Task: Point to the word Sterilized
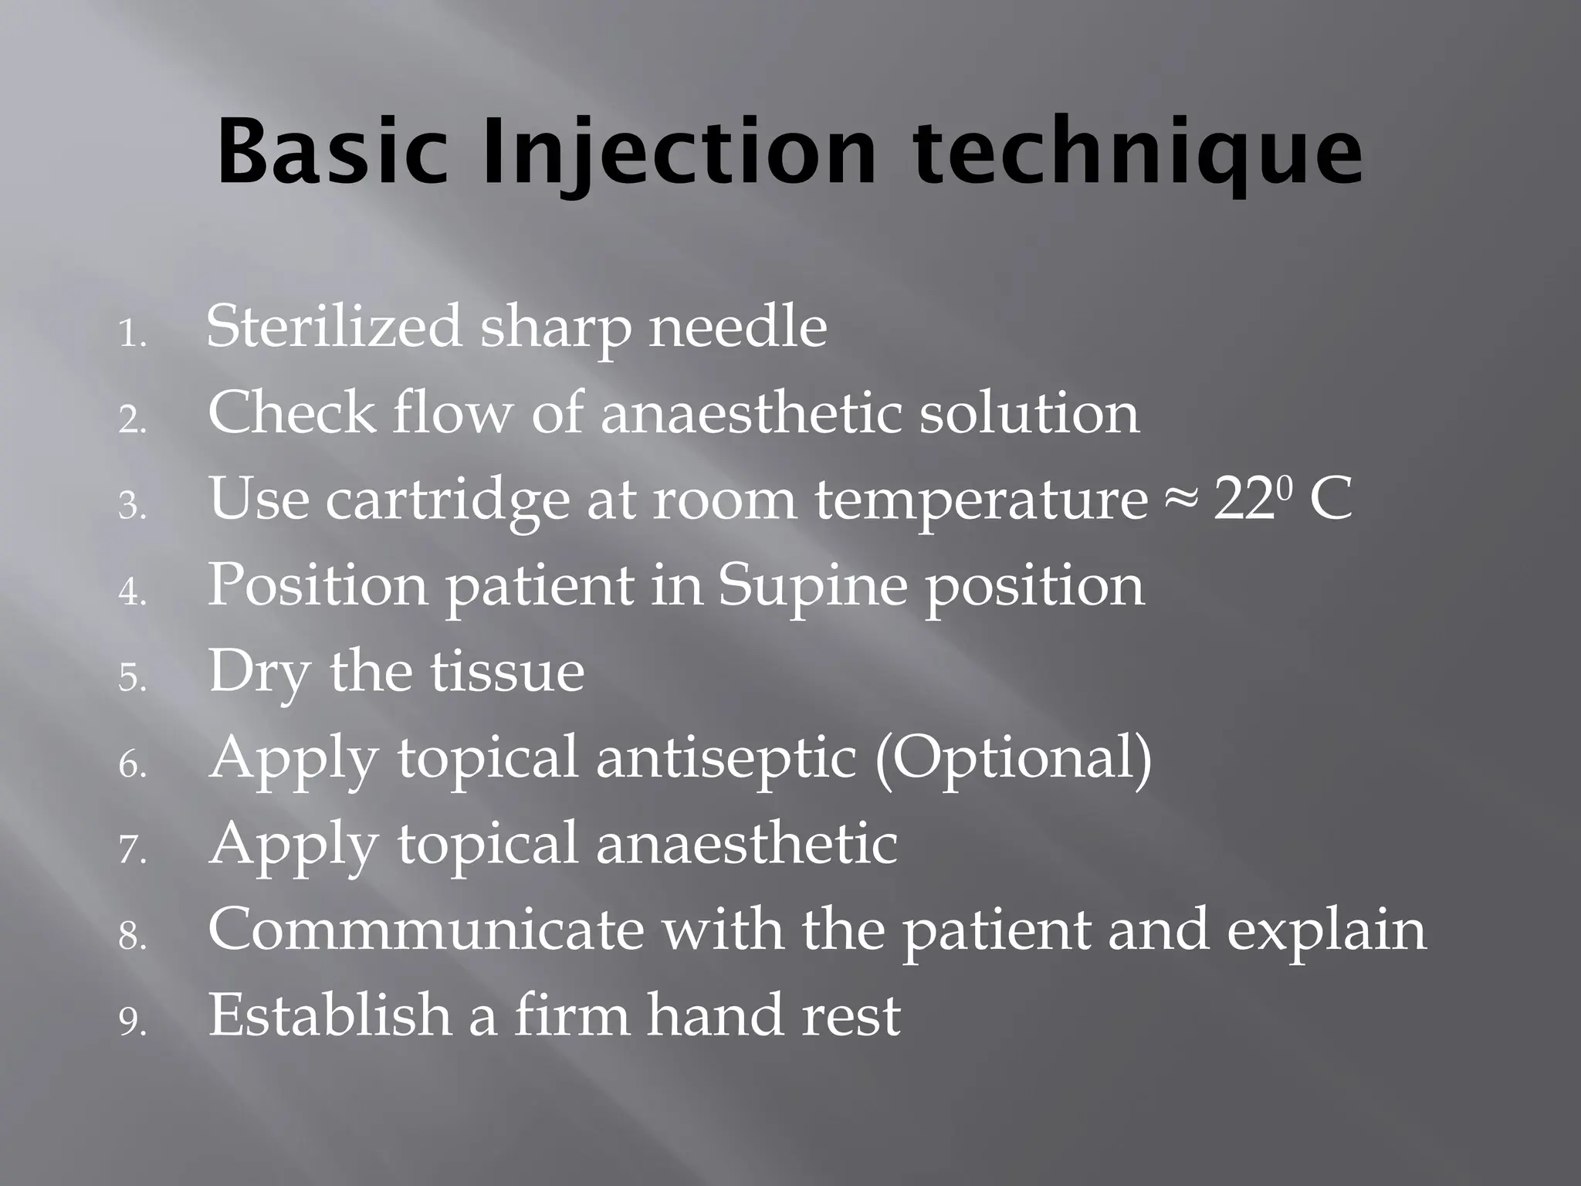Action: tap(333, 327)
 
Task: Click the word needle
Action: tap(737, 327)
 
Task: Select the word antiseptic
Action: tap(726, 757)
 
